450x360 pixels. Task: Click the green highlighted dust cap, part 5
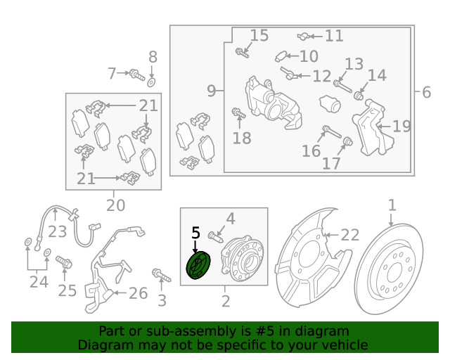click(198, 265)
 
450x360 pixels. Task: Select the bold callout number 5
click(195, 233)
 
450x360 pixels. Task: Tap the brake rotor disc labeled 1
click(390, 269)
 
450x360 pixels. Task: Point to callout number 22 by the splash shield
click(350, 235)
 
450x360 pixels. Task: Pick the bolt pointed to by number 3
click(161, 275)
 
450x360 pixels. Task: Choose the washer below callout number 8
click(152, 82)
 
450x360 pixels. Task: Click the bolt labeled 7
click(137, 75)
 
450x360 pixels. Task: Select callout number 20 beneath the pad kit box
click(115, 205)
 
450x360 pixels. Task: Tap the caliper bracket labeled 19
click(372, 128)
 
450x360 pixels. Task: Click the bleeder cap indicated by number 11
click(303, 37)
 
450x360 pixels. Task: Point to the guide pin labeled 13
click(342, 86)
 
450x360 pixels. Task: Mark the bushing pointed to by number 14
click(358, 96)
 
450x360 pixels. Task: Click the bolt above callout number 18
click(238, 113)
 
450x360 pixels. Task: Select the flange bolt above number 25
click(64, 262)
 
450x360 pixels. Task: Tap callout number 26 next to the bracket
click(138, 293)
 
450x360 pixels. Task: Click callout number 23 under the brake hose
click(57, 231)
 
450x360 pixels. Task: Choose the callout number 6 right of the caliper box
click(427, 92)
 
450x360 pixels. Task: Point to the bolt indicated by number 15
click(242, 53)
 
